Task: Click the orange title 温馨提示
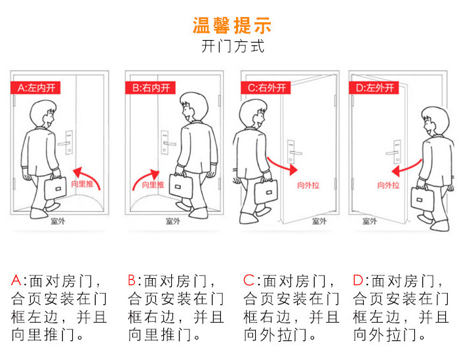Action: (x=232, y=26)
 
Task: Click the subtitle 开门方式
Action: (x=232, y=47)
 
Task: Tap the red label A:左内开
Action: (x=38, y=87)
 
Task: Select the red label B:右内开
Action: (x=151, y=87)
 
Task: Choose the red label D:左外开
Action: (x=374, y=87)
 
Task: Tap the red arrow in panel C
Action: (x=282, y=165)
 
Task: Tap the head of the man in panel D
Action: (x=434, y=123)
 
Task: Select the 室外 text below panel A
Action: (x=59, y=222)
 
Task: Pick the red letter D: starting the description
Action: (x=359, y=281)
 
